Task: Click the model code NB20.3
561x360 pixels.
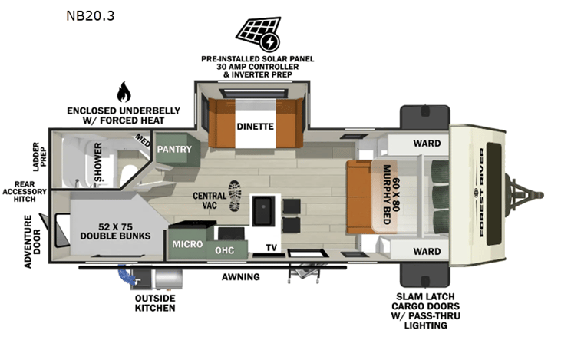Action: pos(87,15)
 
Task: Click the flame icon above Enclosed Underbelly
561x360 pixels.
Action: pos(123,92)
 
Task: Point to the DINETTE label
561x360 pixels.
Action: pos(255,127)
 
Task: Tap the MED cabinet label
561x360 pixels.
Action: pos(143,140)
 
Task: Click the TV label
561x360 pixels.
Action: pos(271,247)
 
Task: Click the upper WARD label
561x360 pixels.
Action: pos(426,142)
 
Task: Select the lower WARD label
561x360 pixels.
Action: pos(427,251)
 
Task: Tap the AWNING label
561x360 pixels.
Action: pos(240,276)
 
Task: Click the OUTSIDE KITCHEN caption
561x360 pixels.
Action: pos(156,302)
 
